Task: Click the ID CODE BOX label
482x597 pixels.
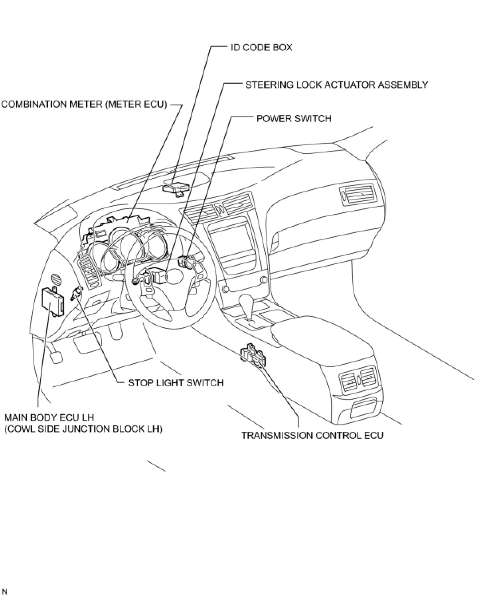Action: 261,47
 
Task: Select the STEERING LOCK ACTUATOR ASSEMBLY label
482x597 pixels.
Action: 336,85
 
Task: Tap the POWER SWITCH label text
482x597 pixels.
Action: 294,119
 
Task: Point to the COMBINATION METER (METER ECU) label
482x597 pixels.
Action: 84,105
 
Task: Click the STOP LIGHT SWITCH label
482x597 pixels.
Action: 176,383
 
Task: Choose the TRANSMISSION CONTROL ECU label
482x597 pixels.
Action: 312,435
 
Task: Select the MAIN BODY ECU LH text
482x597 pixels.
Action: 49,418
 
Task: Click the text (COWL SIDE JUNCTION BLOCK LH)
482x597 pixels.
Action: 83,429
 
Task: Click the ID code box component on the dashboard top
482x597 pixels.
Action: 176,188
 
